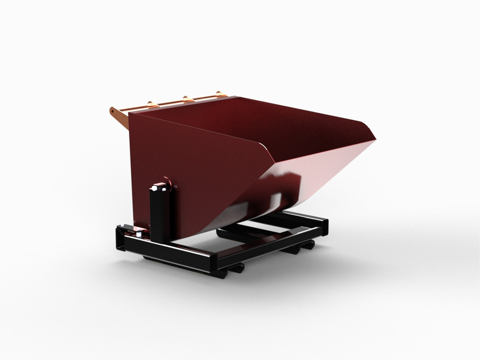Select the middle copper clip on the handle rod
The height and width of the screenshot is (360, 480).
pos(185,98)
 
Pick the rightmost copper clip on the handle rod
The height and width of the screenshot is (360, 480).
pos(218,94)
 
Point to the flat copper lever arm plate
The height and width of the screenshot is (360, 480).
pos(119,115)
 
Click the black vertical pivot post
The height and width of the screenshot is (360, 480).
pos(159,214)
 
